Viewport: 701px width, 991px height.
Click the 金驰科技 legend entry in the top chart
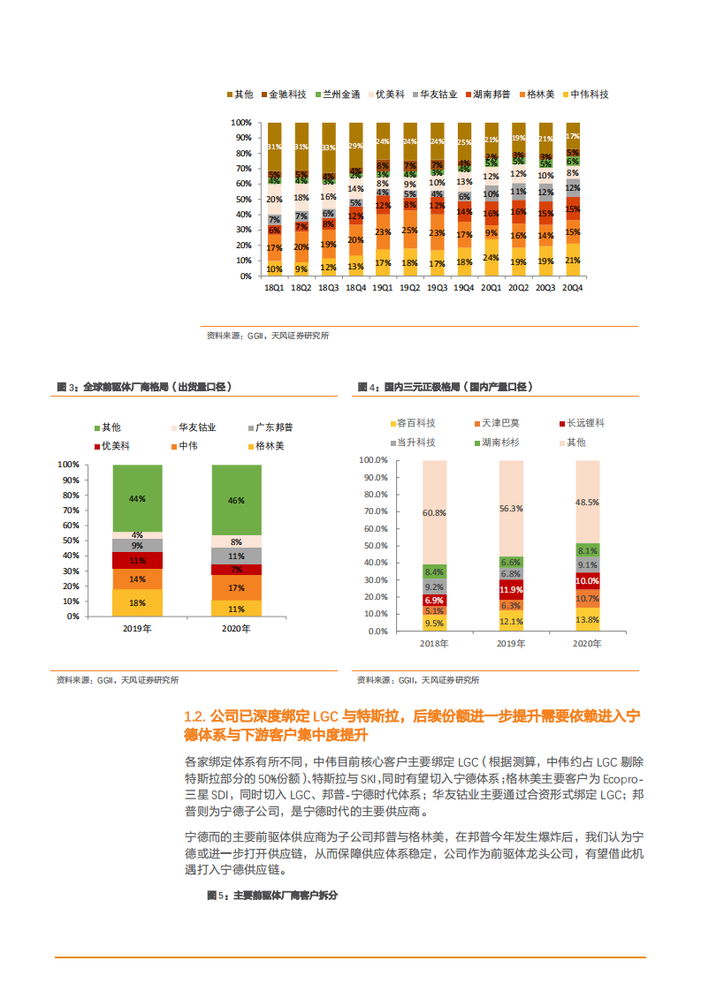point(286,95)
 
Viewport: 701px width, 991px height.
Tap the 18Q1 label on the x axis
point(274,288)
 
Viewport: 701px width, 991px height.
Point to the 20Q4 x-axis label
point(572,288)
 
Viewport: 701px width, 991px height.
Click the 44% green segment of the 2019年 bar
point(137,498)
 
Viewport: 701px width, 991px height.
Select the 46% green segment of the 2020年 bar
point(236,500)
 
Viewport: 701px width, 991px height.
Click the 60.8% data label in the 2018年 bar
point(434,512)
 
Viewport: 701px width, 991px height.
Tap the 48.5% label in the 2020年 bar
point(587,502)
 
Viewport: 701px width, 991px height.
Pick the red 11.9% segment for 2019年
point(511,589)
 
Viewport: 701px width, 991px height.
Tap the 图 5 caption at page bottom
point(272,895)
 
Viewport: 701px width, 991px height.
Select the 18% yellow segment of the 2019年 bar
point(137,602)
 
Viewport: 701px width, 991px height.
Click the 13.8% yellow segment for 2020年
point(587,619)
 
